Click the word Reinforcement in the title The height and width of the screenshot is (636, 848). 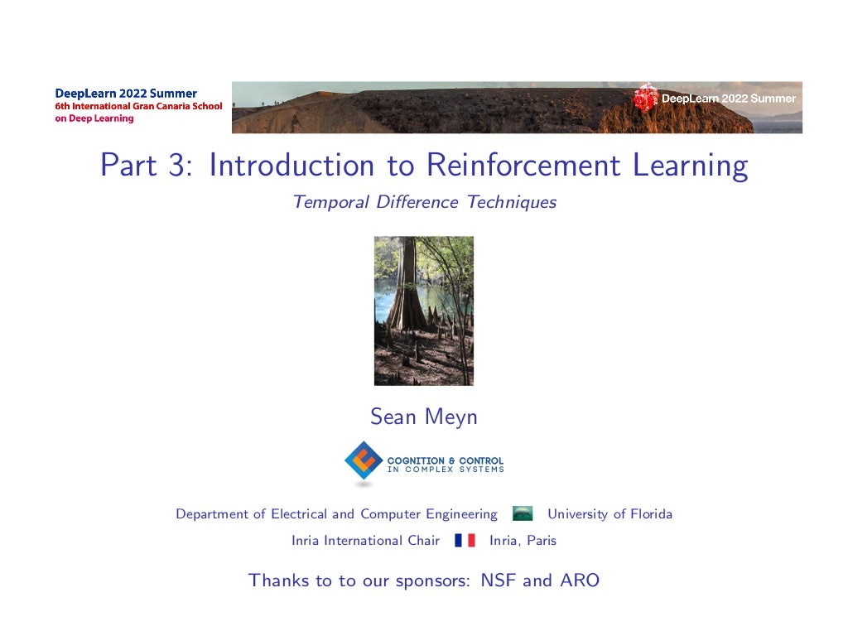point(525,166)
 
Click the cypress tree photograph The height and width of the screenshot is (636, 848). point(424,311)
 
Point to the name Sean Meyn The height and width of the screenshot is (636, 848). point(424,417)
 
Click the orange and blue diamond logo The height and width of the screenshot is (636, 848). point(364,461)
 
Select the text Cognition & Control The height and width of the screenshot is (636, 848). point(446,460)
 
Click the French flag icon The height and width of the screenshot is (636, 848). point(465,541)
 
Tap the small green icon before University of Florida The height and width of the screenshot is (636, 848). point(523,514)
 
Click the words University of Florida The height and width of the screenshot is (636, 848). point(609,514)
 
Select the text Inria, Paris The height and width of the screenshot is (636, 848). point(523,541)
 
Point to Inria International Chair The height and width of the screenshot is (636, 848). point(365,541)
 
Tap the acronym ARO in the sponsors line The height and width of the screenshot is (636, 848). point(579,581)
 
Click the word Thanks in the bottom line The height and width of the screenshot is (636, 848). point(279,581)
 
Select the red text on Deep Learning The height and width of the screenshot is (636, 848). point(94,118)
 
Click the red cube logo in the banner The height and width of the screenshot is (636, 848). point(644,98)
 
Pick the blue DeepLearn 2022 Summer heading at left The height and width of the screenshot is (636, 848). point(126,94)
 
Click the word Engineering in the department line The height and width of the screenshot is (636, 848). point(461,514)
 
